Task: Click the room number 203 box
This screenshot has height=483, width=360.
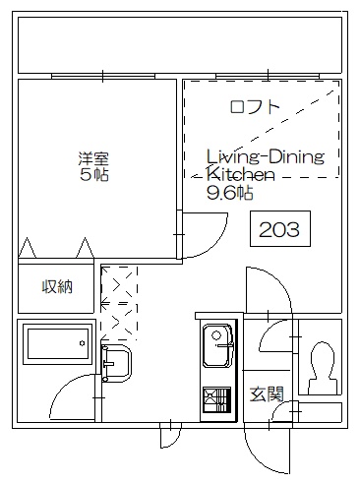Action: tap(280, 228)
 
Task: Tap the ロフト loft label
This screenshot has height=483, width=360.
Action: tap(255, 107)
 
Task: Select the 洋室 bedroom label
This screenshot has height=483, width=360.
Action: tap(93, 158)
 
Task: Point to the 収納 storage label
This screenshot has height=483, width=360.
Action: tap(57, 287)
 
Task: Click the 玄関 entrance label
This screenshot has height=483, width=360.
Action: tap(267, 393)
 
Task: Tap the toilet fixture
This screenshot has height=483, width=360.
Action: tap(323, 368)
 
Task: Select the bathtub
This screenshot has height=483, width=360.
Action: tap(58, 343)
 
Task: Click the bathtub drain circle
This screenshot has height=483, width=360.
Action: tap(82, 343)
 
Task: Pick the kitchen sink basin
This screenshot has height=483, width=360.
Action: tap(217, 345)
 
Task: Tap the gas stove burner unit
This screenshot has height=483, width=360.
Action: tap(216, 399)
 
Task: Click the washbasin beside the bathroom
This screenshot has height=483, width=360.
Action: tap(116, 363)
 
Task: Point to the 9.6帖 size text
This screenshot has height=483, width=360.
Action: tap(230, 193)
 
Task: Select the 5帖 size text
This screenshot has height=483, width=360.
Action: tap(94, 174)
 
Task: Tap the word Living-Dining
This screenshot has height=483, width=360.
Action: tap(266, 156)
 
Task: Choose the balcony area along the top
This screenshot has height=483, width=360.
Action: tap(180, 45)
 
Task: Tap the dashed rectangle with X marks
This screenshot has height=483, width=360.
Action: tap(119, 303)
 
